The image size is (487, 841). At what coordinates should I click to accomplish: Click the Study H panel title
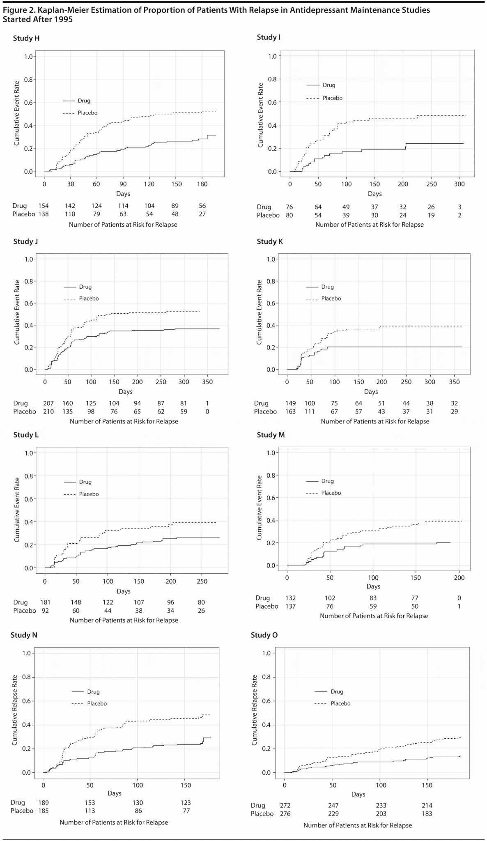point(26,38)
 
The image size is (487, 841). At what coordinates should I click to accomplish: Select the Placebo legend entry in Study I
point(332,98)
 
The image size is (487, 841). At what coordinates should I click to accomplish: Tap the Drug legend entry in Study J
point(85,287)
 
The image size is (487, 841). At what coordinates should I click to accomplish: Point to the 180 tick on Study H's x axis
point(202,184)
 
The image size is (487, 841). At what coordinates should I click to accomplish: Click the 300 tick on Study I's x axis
point(459,184)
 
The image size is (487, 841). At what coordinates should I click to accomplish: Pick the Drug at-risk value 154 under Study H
point(43,206)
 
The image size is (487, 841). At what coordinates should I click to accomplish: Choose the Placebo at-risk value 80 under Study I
point(289,215)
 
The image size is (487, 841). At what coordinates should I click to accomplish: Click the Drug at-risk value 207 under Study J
point(48,403)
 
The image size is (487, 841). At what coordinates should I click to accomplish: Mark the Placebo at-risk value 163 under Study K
point(290,411)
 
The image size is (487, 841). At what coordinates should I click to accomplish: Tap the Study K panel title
point(270,241)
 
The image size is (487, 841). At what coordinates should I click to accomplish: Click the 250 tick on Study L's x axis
point(202,581)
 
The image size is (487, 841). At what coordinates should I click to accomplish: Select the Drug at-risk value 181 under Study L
point(45,602)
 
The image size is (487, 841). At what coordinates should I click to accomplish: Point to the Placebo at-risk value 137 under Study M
point(290,606)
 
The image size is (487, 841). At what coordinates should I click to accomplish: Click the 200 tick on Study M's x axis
point(459,578)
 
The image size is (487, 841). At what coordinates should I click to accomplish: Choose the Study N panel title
point(24,635)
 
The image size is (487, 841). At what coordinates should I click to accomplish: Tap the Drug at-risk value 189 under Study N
point(43,802)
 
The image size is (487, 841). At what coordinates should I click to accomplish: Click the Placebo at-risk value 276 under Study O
point(285,813)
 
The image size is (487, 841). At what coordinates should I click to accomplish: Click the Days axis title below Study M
point(373,586)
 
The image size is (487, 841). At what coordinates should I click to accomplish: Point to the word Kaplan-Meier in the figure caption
point(62,10)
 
